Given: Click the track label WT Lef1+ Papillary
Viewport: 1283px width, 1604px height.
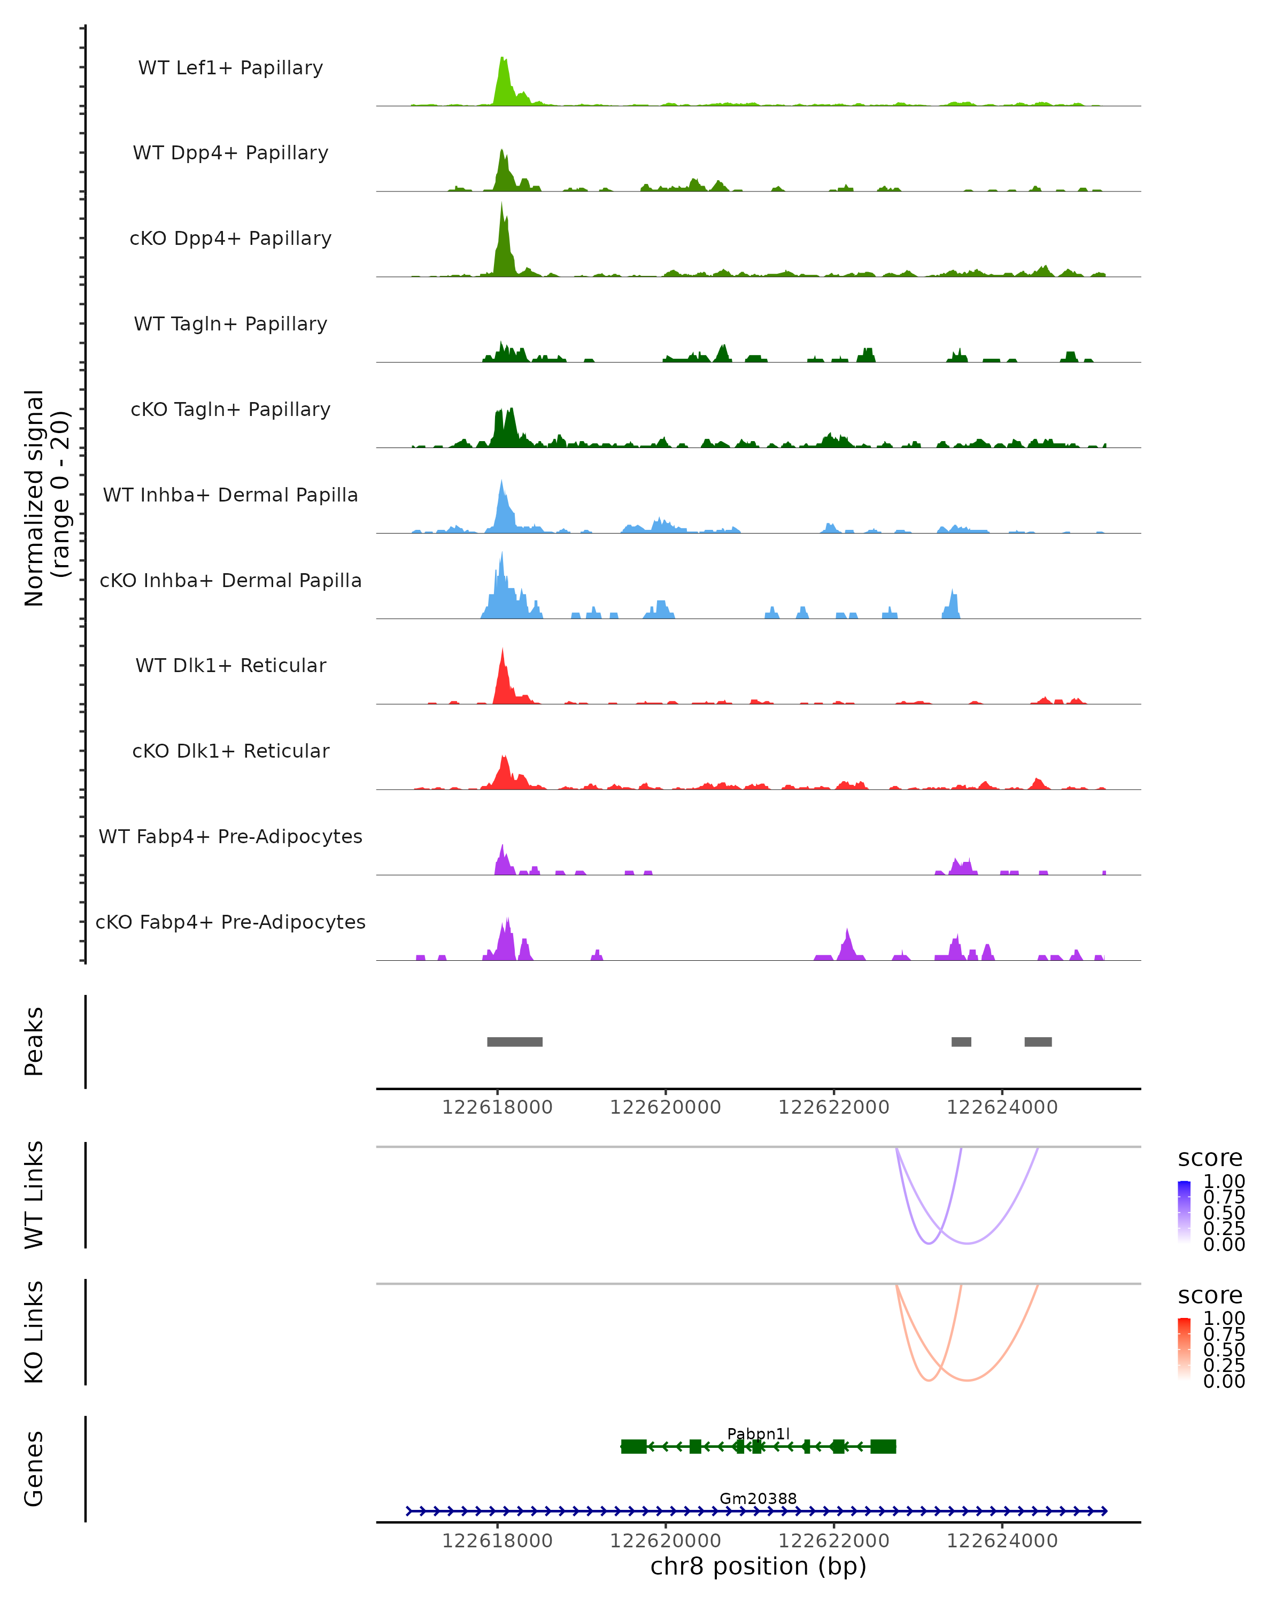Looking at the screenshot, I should coord(230,68).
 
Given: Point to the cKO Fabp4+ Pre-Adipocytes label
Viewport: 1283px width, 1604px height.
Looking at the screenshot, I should coord(230,922).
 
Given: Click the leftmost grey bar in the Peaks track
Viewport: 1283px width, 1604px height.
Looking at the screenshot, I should coord(515,1042).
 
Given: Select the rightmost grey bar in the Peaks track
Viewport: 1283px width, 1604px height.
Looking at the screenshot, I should coord(1038,1042).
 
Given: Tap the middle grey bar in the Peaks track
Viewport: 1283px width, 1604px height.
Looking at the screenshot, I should coord(961,1042).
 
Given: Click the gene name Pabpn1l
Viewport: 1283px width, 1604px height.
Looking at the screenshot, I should coord(758,1433).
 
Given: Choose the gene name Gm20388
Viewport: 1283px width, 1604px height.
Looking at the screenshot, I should coord(758,1498).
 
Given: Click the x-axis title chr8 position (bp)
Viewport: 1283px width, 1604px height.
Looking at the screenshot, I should coord(758,1566).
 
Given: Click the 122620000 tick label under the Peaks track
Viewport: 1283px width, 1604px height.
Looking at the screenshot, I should coord(665,1107).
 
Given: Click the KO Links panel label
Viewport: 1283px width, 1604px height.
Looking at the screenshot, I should coord(34,1332).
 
